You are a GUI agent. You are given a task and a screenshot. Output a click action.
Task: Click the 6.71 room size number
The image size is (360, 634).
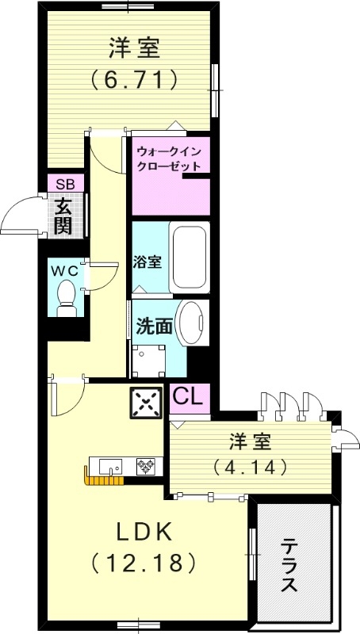(x=133, y=80)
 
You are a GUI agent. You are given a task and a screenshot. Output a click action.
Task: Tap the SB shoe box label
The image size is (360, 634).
(x=65, y=184)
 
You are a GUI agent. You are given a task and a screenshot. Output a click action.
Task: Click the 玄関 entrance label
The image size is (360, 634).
(x=64, y=216)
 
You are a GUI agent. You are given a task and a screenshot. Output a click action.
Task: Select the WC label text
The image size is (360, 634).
(x=65, y=269)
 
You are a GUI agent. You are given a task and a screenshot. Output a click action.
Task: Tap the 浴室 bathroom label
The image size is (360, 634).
(x=148, y=262)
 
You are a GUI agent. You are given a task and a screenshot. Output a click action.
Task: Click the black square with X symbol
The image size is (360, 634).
(x=146, y=403)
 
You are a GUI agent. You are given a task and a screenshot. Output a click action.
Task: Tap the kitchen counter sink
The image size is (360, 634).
(x=108, y=465)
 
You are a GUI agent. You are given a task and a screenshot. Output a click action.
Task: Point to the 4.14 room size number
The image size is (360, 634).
(x=249, y=467)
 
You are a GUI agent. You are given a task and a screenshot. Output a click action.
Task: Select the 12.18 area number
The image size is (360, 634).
(x=143, y=563)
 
